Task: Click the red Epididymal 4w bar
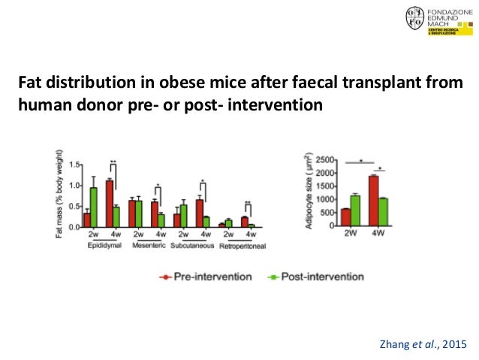coord(110,204)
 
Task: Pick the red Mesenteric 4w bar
coord(155,214)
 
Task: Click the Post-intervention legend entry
coord(315,277)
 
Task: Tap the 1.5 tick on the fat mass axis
coord(74,165)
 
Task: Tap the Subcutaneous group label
coord(191,245)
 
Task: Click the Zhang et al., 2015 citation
coord(425,344)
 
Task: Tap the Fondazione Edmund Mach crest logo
coord(414,20)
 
